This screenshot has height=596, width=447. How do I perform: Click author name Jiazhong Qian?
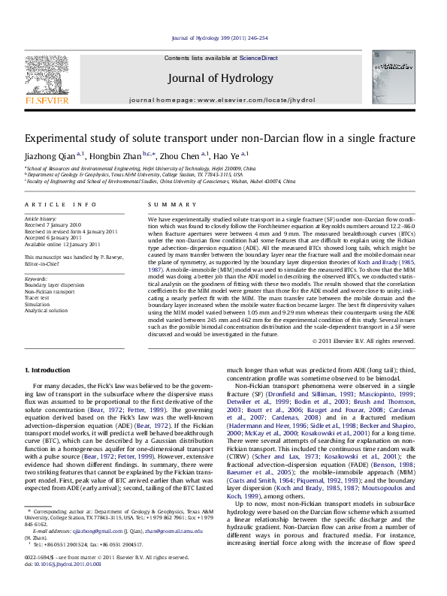[x=49, y=155]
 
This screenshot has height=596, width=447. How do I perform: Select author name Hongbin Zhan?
[x=114, y=155]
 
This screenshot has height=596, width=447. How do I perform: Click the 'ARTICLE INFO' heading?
[x=59, y=205]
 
